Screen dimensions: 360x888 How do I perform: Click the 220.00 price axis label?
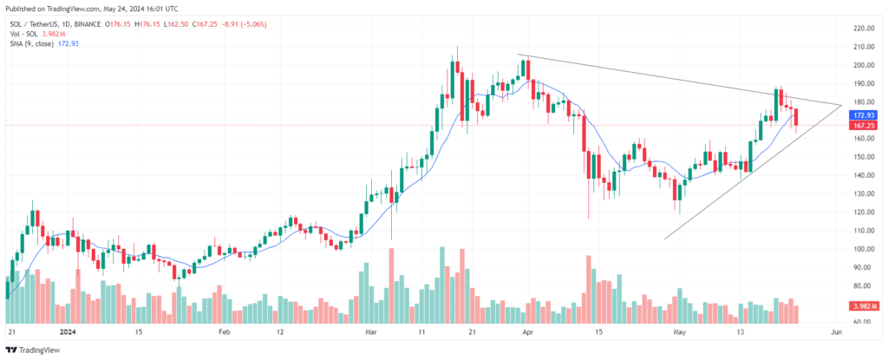point(862,29)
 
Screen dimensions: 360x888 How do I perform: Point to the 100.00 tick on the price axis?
point(862,249)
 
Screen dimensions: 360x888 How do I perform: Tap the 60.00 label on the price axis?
point(862,323)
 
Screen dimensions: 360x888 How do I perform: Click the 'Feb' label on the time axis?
point(224,332)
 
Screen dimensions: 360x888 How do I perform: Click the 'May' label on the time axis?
point(680,332)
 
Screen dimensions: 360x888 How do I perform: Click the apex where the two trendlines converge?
point(842,105)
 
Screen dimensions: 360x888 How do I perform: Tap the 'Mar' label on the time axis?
point(372,332)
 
